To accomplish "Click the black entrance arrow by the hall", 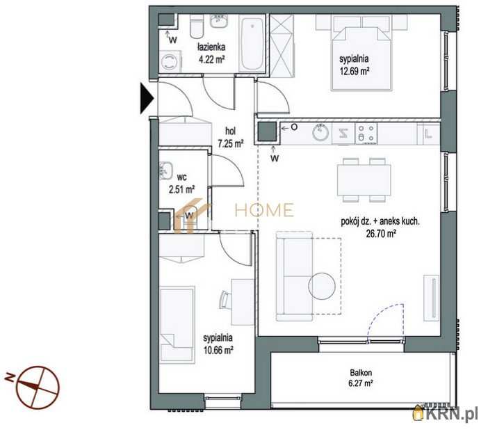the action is pyautogui.click(x=147, y=98).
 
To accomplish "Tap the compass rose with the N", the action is pyautogui.click(x=37, y=387).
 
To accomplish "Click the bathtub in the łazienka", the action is pyautogui.click(x=252, y=44).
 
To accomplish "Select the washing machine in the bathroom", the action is pyautogui.click(x=170, y=61).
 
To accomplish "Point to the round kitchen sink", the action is pyautogui.click(x=320, y=133).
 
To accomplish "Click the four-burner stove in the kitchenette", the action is pyautogui.click(x=366, y=134).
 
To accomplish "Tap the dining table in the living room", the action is pyautogui.click(x=364, y=180).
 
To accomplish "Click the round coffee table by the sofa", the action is pyautogui.click(x=321, y=286).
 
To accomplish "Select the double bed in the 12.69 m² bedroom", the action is pyautogui.click(x=361, y=58).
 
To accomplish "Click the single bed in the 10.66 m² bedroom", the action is pyautogui.click(x=177, y=325).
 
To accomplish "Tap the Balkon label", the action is pyautogui.click(x=361, y=372).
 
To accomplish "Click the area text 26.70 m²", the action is pyautogui.click(x=381, y=234).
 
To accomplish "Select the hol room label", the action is pyautogui.click(x=230, y=131).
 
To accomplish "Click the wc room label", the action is pyautogui.click(x=181, y=177).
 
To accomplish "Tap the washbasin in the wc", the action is pyautogui.click(x=166, y=171).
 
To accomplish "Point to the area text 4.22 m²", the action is pyautogui.click(x=212, y=59).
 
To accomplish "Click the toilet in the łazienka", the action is pyautogui.click(x=197, y=27).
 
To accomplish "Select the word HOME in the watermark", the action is pyautogui.click(x=264, y=210).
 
